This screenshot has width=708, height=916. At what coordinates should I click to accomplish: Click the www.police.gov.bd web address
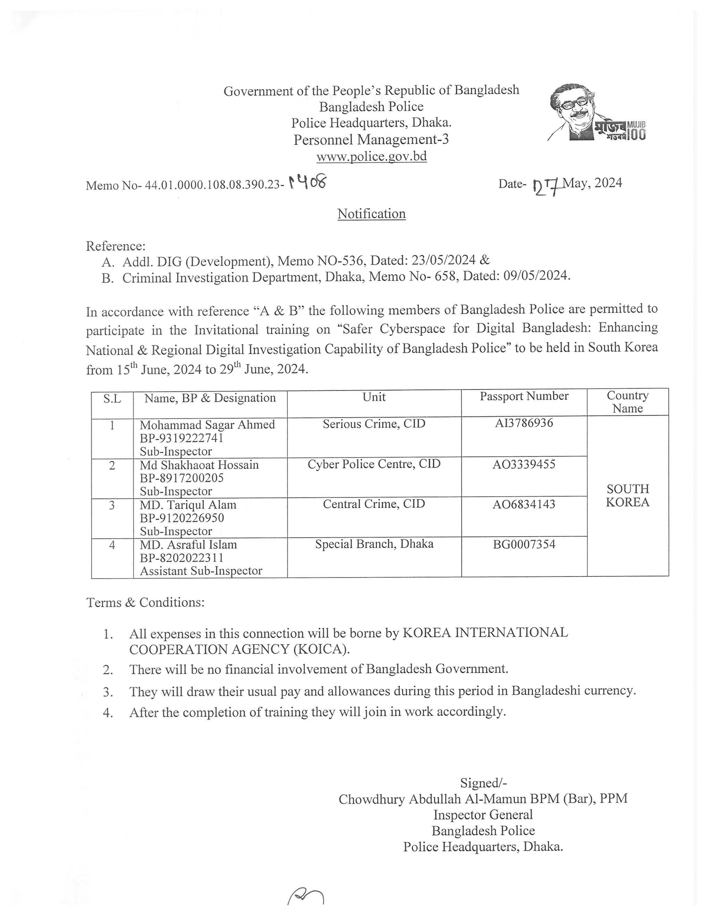[371, 156]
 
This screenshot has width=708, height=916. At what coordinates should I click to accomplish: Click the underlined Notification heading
[371, 214]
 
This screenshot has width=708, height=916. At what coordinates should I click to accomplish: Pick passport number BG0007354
[524, 544]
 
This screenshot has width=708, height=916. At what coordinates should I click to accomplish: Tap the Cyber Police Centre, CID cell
[374, 464]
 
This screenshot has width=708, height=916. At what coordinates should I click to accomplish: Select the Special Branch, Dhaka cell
[374, 544]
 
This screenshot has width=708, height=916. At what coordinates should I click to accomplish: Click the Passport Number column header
[524, 396]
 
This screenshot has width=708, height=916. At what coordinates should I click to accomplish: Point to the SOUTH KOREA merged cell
[627, 495]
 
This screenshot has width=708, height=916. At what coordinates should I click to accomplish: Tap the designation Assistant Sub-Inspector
[201, 571]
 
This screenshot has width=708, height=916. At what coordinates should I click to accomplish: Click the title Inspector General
[483, 814]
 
